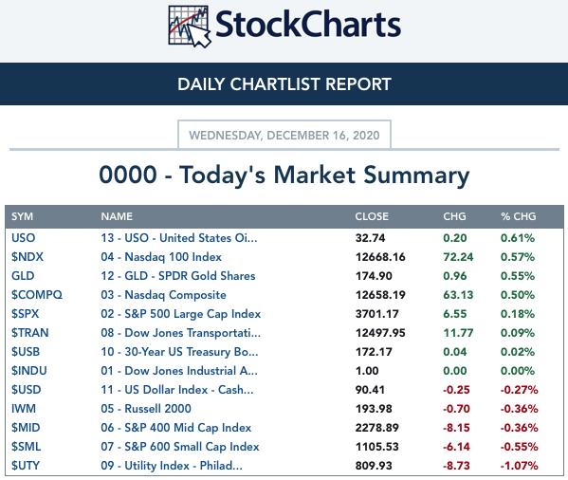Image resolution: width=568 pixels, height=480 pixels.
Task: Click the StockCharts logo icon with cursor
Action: pos(189,27)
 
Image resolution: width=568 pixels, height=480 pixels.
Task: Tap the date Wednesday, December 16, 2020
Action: pos(284,135)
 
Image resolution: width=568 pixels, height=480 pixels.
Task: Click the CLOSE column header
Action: pos(372,216)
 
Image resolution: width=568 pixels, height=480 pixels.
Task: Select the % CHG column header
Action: pos(519,216)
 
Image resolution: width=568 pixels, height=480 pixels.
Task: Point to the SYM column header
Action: pos(22,216)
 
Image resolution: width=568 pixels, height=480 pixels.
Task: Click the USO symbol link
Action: pos(23,238)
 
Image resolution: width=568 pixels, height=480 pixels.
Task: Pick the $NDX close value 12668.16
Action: pos(380,257)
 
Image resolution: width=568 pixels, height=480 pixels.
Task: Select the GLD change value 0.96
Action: pos(455,276)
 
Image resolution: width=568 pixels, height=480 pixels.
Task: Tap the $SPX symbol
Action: pos(25,314)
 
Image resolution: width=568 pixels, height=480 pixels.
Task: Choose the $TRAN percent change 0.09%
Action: pos(518,333)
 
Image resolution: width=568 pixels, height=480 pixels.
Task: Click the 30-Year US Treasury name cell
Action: pos(179,352)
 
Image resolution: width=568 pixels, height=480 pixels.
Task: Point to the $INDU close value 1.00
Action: pos(367,371)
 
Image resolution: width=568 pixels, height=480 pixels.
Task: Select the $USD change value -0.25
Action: pos(456,390)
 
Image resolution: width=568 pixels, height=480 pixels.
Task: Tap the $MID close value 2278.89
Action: pos(377,428)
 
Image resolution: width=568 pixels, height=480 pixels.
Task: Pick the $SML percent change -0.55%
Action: pos(519,446)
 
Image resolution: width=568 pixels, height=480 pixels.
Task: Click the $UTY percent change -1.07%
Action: pos(519,466)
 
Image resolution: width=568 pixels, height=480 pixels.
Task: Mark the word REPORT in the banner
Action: pos(358,84)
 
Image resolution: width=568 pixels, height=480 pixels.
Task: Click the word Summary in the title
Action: pos(416,175)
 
